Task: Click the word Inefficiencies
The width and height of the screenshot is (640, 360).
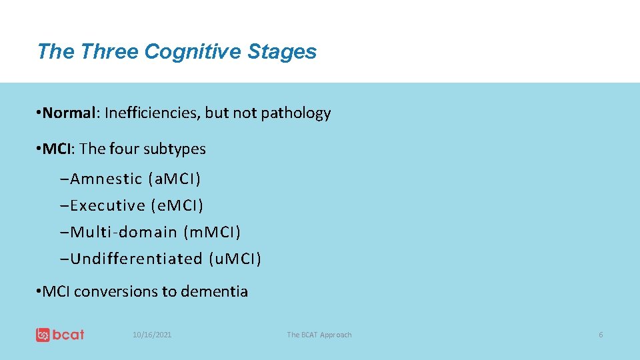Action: (152, 113)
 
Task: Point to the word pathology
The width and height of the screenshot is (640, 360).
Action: (295, 113)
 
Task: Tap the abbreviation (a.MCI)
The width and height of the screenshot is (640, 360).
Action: (175, 179)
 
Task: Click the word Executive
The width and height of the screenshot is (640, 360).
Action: (107, 205)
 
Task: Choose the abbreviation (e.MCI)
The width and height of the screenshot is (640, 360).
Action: (177, 205)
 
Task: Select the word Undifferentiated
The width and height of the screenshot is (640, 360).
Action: (136, 259)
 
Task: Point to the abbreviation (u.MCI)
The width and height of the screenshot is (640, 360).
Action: (235, 259)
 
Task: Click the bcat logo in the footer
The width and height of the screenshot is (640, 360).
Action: (60, 335)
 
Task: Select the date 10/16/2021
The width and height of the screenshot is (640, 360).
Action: (152, 335)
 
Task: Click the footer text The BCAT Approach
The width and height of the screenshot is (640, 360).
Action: (319, 335)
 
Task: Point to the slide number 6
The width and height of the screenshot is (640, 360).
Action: (601, 335)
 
